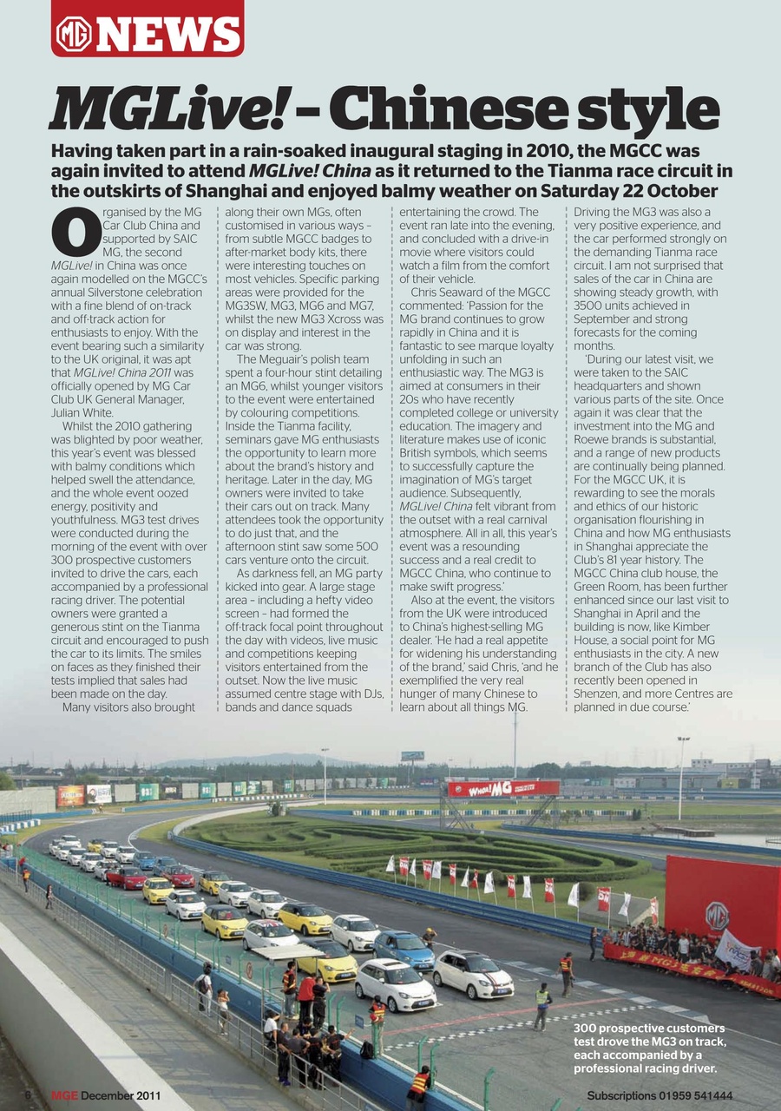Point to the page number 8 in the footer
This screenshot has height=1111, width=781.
point(28,1095)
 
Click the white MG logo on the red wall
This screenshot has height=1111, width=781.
point(717,916)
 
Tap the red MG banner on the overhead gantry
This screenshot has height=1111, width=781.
point(502,788)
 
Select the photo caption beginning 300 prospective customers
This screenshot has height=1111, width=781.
point(649,1048)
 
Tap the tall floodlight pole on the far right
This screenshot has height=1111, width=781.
point(682,777)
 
